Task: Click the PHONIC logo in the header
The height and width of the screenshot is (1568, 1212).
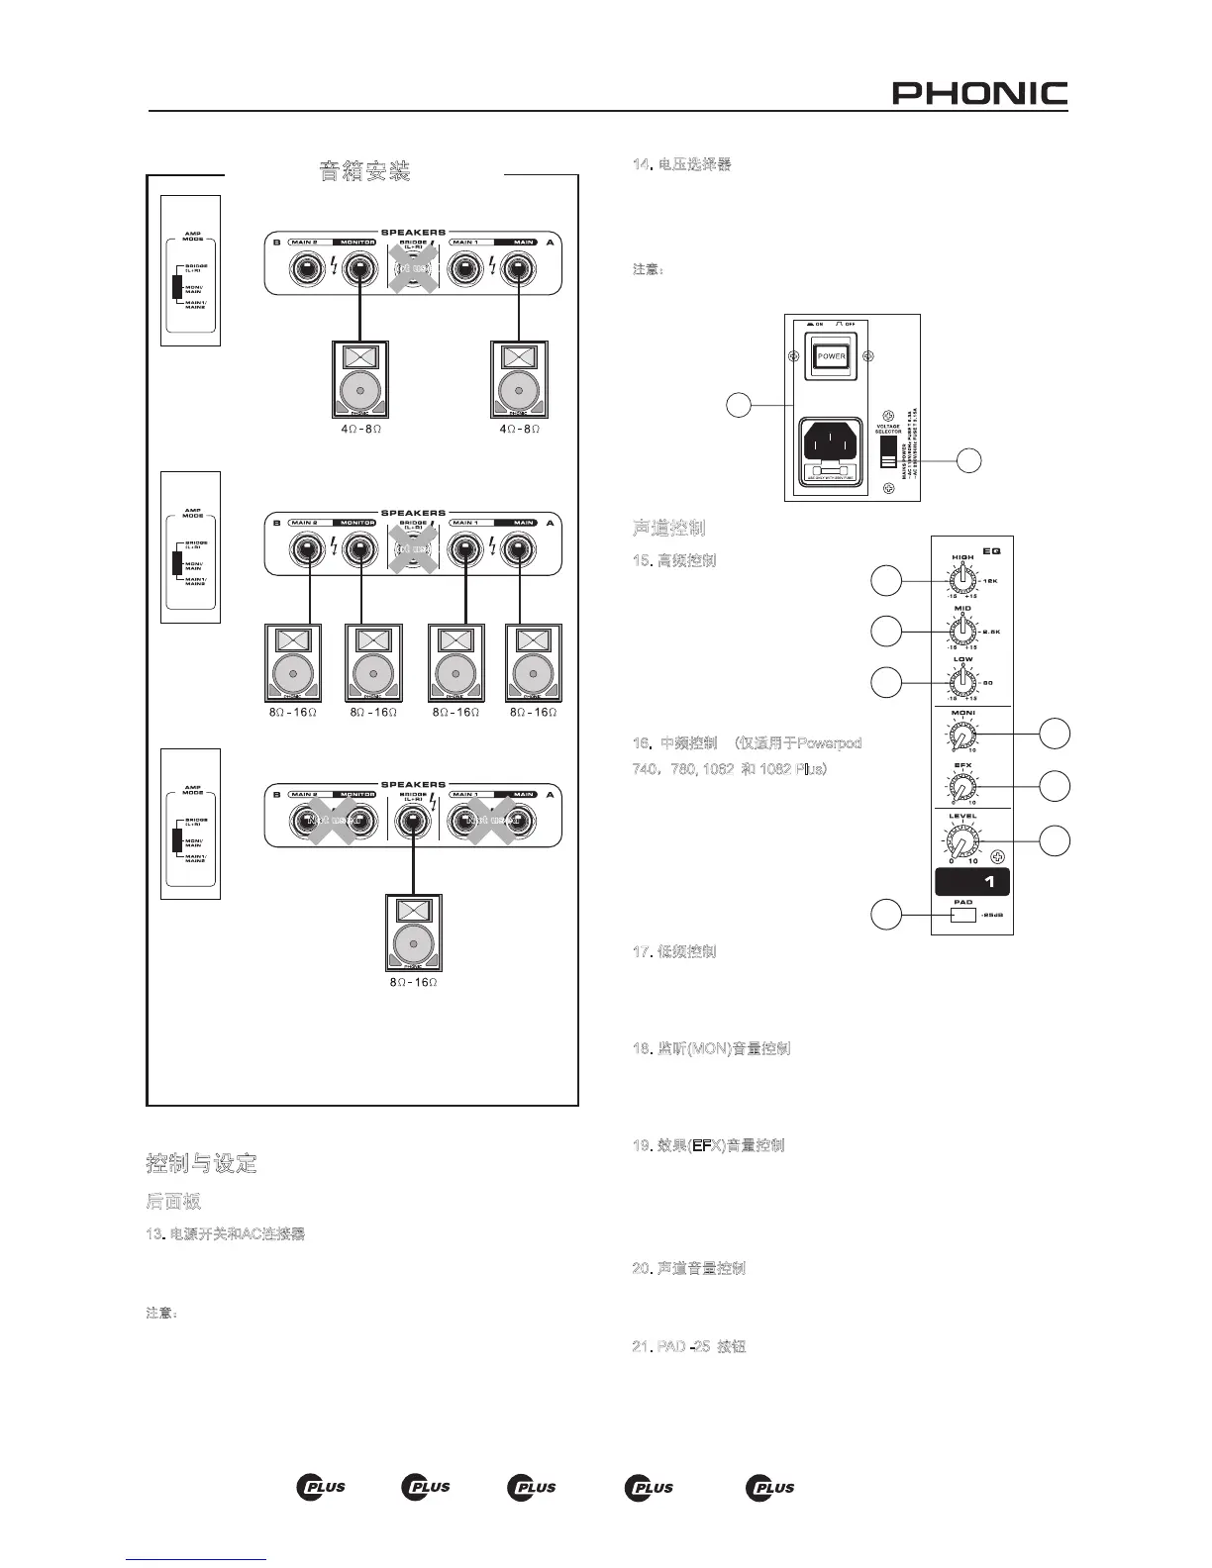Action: (979, 94)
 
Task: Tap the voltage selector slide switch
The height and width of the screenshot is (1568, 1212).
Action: (888, 455)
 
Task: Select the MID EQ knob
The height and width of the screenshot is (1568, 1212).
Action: (961, 631)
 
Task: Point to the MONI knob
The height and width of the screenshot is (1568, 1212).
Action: (961, 735)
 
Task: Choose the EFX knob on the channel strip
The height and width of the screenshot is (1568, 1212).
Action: (961, 787)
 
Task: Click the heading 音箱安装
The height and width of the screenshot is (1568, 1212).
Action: (364, 171)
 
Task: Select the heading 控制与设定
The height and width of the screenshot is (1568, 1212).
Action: (202, 1163)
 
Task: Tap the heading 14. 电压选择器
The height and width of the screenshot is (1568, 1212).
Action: (681, 164)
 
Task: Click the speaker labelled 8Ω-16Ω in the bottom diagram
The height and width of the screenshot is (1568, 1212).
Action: (413, 932)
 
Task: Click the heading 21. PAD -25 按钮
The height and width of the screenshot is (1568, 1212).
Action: (688, 1347)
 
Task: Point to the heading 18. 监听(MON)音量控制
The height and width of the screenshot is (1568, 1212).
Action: (710, 1048)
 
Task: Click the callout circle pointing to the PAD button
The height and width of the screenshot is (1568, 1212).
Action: (886, 916)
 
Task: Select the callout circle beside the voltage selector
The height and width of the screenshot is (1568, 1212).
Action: (969, 459)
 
